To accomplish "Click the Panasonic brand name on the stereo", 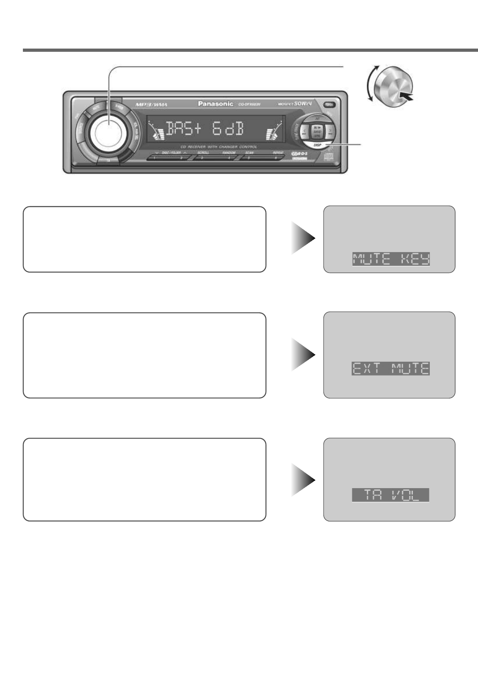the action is tap(215, 104).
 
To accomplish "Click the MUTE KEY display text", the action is tap(390, 259).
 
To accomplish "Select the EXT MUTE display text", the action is tap(390, 368).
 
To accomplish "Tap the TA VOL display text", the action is tap(390, 495).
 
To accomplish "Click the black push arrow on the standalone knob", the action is tap(406, 96).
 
